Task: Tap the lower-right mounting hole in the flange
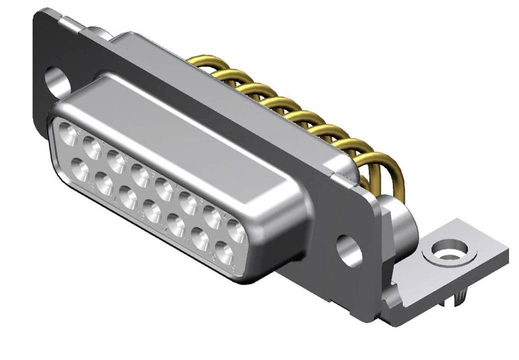[349, 250]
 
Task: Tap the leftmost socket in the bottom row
[80, 168]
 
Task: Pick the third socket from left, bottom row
[129, 198]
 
